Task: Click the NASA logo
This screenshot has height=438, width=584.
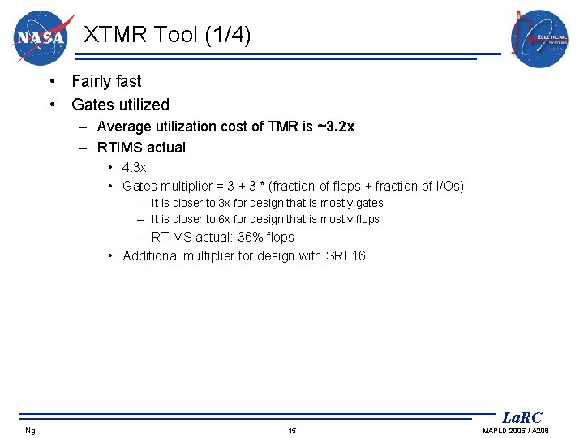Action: pos(41,37)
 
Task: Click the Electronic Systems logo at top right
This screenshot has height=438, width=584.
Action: pos(539,39)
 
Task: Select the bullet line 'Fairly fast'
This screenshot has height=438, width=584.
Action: pos(106,81)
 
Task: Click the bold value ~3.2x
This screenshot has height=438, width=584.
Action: pos(335,127)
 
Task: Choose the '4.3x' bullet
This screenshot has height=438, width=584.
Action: pos(135,167)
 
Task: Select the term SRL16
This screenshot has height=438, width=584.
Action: pos(346,256)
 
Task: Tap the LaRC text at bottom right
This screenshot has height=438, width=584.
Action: pos(522,418)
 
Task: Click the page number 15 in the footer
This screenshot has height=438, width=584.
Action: pos(292,430)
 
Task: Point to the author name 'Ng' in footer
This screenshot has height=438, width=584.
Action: pos(30,430)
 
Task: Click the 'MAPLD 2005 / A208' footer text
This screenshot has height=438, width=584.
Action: pos(516,430)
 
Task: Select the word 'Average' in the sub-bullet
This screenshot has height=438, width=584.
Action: pos(122,127)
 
